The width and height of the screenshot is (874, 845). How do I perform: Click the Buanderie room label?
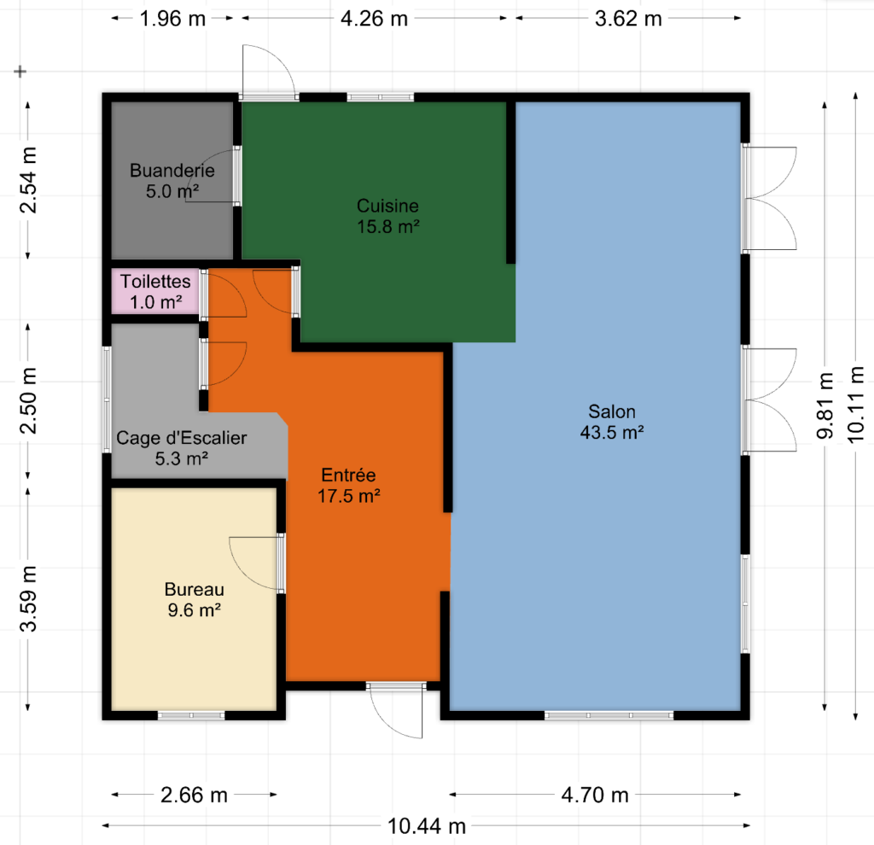tap(172, 171)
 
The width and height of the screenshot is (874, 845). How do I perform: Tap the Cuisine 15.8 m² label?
tap(388, 216)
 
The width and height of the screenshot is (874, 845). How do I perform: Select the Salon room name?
tap(612, 412)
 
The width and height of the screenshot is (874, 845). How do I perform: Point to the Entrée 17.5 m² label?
tap(349, 486)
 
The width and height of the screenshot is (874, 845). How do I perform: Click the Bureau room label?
tap(195, 590)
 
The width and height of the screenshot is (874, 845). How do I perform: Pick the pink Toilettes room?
tap(155, 292)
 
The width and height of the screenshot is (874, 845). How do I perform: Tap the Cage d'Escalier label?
tap(182, 438)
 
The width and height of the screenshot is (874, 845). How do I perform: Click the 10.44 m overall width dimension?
tap(427, 826)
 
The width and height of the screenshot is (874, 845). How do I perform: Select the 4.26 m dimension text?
tap(374, 19)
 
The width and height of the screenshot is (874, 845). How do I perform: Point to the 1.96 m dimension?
tap(172, 19)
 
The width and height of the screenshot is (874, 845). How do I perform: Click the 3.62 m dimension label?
tap(628, 19)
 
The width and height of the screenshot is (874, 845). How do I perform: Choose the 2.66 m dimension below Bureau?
tap(194, 795)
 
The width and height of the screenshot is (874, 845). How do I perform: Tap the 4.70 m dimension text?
tap(595, 795)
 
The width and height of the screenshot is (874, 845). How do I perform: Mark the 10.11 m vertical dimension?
tap(855, 405)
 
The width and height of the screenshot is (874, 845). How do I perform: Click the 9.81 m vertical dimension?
tap(825, 405)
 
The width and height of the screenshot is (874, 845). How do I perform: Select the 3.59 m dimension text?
tap(28, 598)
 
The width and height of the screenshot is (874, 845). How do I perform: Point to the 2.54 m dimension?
tap(28, 180)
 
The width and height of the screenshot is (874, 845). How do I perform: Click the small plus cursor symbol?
tap(20, 72)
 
